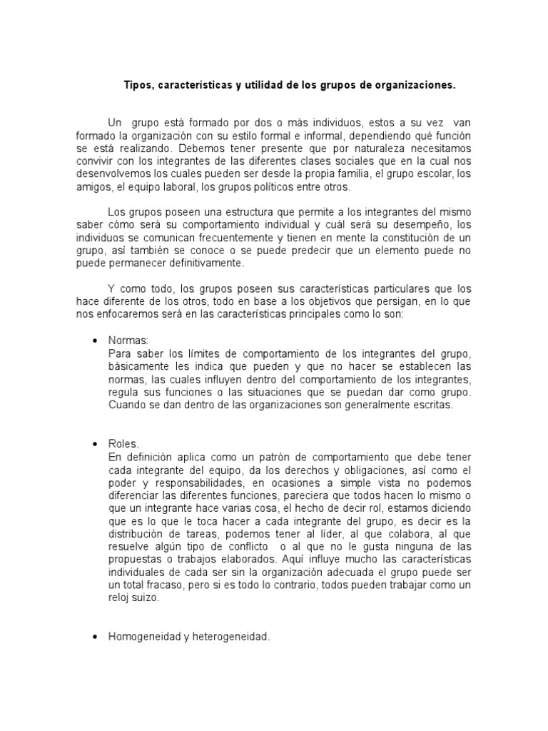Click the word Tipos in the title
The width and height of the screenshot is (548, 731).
click(x=138, y=85)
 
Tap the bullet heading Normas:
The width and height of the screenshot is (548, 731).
click(x=128, y=341)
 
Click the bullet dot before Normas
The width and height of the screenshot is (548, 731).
click(x=94, y=342)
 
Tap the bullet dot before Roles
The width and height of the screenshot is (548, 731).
click(x=94, y=444)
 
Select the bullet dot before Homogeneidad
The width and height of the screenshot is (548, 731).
click(x=94, y=637)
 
